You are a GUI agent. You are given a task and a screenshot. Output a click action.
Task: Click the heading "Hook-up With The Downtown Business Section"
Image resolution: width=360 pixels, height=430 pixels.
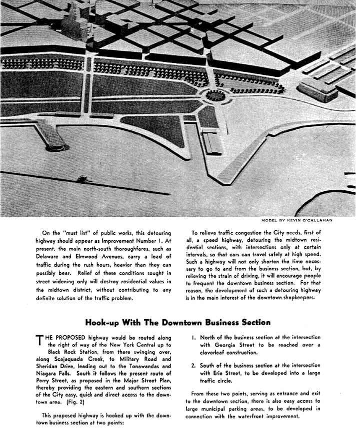(177, 323)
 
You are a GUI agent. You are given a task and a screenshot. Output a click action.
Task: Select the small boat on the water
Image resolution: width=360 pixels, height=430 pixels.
(81, 178)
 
